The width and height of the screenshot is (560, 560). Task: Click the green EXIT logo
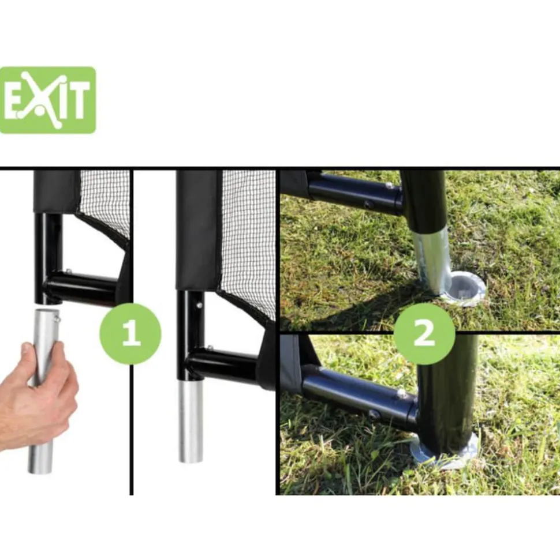coord(47,100)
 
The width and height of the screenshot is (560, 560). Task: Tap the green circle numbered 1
coord(130,333)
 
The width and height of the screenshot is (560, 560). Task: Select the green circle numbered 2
coord(424,333)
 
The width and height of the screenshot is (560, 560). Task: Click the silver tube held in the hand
coord(43,391)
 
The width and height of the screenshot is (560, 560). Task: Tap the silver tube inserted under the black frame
coord(191,422)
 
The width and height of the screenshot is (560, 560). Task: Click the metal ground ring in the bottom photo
coord(443,452)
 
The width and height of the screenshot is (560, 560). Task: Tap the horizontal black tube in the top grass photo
coord(356,193)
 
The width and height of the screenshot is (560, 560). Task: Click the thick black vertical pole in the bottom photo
coord(447,393)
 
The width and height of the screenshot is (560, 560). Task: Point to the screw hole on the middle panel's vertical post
coord(199,305)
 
